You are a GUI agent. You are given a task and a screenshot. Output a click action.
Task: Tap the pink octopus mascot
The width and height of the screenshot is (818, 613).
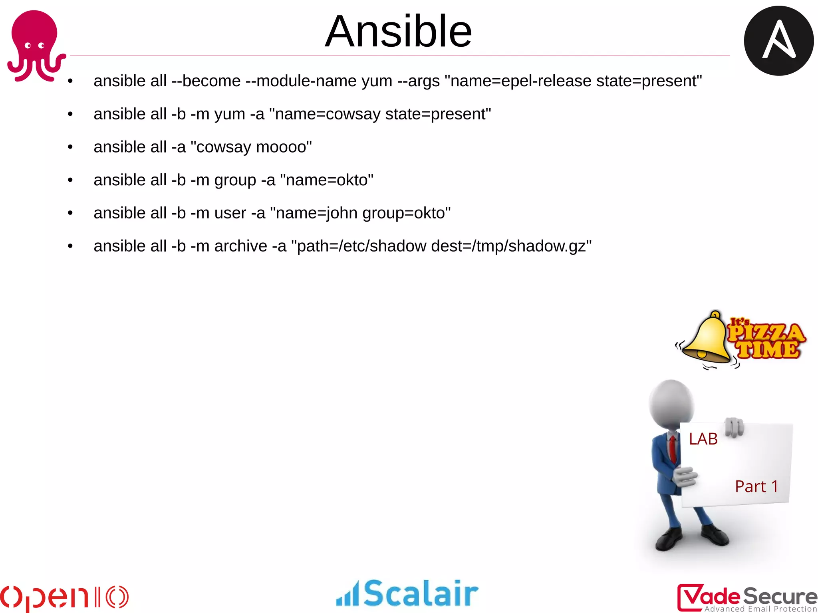35,44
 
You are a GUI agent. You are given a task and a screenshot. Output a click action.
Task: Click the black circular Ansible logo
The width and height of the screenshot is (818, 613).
778,41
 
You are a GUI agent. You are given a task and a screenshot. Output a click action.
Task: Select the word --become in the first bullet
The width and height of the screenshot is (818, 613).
206,81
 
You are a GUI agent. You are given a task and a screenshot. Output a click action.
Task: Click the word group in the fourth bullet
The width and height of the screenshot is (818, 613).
235,181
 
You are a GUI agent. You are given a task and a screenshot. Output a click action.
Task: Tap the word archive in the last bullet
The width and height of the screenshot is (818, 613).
240,246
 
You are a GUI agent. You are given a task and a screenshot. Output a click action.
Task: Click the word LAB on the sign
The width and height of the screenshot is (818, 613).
703,439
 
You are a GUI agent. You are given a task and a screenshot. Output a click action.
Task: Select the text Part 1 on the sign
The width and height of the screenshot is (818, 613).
756,486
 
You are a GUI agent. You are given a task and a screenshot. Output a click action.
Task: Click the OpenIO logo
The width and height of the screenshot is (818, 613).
64,597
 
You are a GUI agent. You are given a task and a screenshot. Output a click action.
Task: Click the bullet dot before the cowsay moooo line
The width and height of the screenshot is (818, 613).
70,147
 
